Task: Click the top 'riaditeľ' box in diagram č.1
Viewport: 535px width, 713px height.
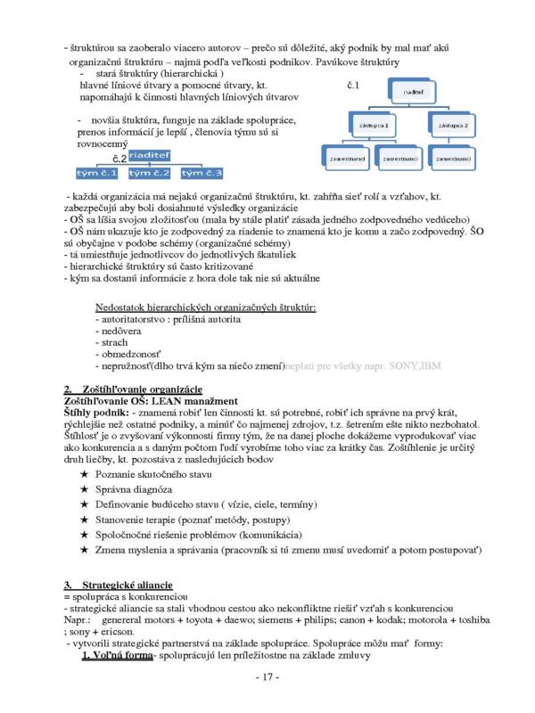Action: pos(416,91)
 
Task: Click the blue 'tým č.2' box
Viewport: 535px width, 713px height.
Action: pos(148,172)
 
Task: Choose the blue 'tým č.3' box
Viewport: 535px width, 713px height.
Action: pos(201,172)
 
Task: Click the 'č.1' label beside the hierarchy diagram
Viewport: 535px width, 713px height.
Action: pos(350,86)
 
